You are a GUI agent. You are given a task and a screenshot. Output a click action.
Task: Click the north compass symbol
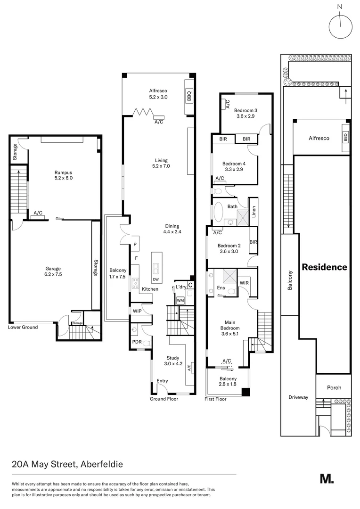341,26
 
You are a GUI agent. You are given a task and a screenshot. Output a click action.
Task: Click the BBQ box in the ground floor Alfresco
189,96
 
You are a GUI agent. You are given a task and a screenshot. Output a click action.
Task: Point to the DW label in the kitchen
156,279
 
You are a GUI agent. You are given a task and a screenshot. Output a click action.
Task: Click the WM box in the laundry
180,300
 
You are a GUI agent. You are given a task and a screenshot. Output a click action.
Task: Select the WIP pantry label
137,311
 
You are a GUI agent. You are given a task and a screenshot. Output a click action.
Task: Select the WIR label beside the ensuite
244,283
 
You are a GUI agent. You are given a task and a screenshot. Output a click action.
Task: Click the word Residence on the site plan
324,267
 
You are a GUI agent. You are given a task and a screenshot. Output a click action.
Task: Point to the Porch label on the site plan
334,387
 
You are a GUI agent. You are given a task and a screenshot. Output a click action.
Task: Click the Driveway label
298,397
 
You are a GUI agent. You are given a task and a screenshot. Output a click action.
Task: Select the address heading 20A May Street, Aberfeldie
67,464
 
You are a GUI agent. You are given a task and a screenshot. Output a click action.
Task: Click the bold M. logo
327,479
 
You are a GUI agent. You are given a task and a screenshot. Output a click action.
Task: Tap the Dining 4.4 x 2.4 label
172,229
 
